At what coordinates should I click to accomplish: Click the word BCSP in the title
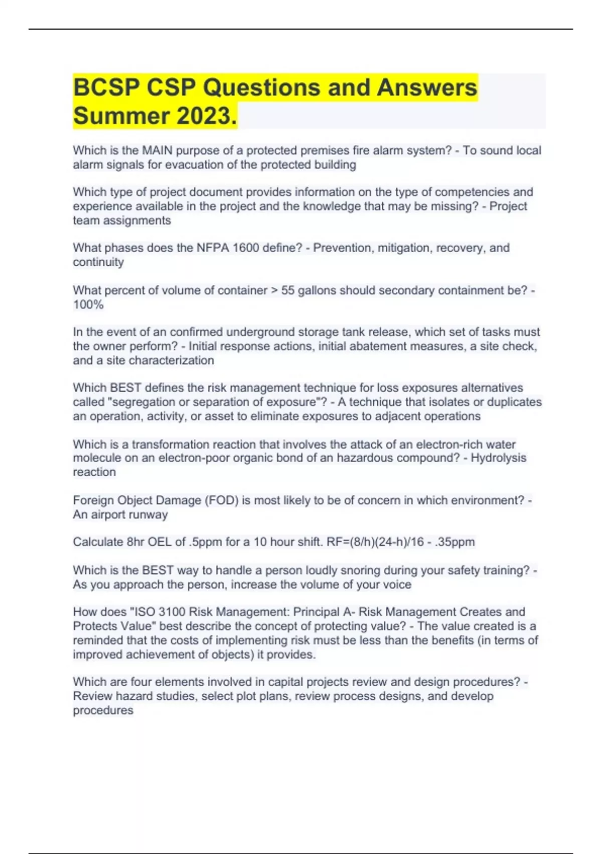click(x=106, y=87)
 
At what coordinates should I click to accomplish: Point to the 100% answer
click(x=88, y=304)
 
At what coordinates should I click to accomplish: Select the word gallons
click(x=317, y=290)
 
